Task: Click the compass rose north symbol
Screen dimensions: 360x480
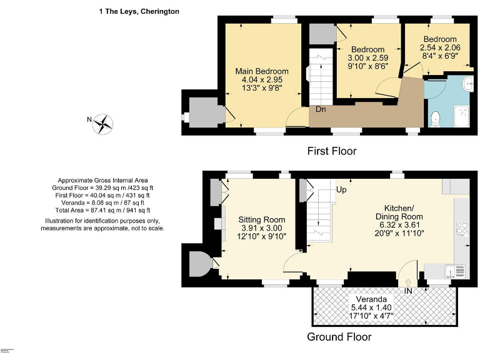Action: coord(102,124)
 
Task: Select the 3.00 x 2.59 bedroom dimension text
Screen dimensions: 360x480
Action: coord(367,59)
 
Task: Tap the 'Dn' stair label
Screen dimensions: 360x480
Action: coord(321,109)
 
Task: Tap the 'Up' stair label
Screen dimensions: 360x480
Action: coord(342,189)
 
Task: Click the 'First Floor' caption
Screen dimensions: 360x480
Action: coord(331,151)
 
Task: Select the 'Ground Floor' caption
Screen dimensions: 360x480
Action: coord(339,337)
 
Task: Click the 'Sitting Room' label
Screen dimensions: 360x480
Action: coord(262,219)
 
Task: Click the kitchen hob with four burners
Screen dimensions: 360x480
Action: coord(462,229)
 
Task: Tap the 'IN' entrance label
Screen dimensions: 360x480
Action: coord(408,292)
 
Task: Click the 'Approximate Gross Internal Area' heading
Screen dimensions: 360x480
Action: coord(105,179)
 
